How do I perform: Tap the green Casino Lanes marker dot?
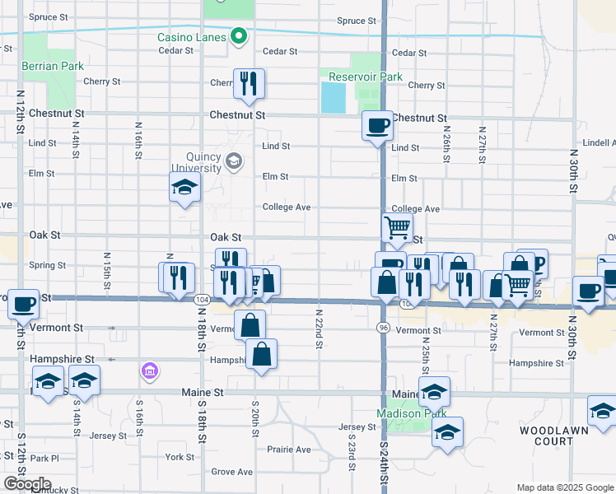click(239, 36)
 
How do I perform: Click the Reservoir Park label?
click(366, 77)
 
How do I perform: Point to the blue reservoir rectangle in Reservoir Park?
click(334, 98)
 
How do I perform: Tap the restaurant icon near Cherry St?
click(248, 83)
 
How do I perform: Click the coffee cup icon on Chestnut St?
click(378, 125)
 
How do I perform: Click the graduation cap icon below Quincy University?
click(185, 189)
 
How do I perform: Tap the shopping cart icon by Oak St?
click(397, 226)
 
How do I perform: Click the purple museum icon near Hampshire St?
click(149, 373)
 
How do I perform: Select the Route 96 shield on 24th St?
click(383, 328)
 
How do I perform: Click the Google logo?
click(26, 484)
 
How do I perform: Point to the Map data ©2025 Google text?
click(564, 487)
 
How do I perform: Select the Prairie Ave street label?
click(289, 450)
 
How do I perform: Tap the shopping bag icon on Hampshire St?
click(261, 355)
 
